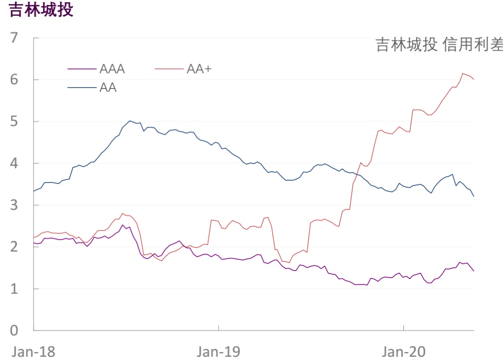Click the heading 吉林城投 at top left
pyautogui.click(x=41, y=10)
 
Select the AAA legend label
pyautogui.click(x=112, y=69)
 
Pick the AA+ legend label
pyautogui.click(x=199, y=69)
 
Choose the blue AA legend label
pyautogui.click(x=108, y=87)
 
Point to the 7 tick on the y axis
pyautogui.click(x=15, y=38)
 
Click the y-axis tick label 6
pyautogui.click(x=15, y=80)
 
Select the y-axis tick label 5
pyautogui.click(x=15, y=122)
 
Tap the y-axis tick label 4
pyautogui.click(x=15, y=163)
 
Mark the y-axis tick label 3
pyautogui.click(x=15, y=205)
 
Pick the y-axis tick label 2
pyautogui.click(x=15, y=247)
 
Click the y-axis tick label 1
pyautogui.click(x=15, y=289)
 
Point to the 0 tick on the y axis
pyautogui.click(x=15, y=331)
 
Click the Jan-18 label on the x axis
pyautogui.click(x=34, y=352)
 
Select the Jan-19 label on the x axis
pyautogui.click(x=218, y=352)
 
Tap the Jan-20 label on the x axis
pyautogui.click(x=403, y=352)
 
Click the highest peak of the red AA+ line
pyautogui.click(x=463, y=74)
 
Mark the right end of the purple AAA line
pyautogui.click(x=474, y=271)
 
